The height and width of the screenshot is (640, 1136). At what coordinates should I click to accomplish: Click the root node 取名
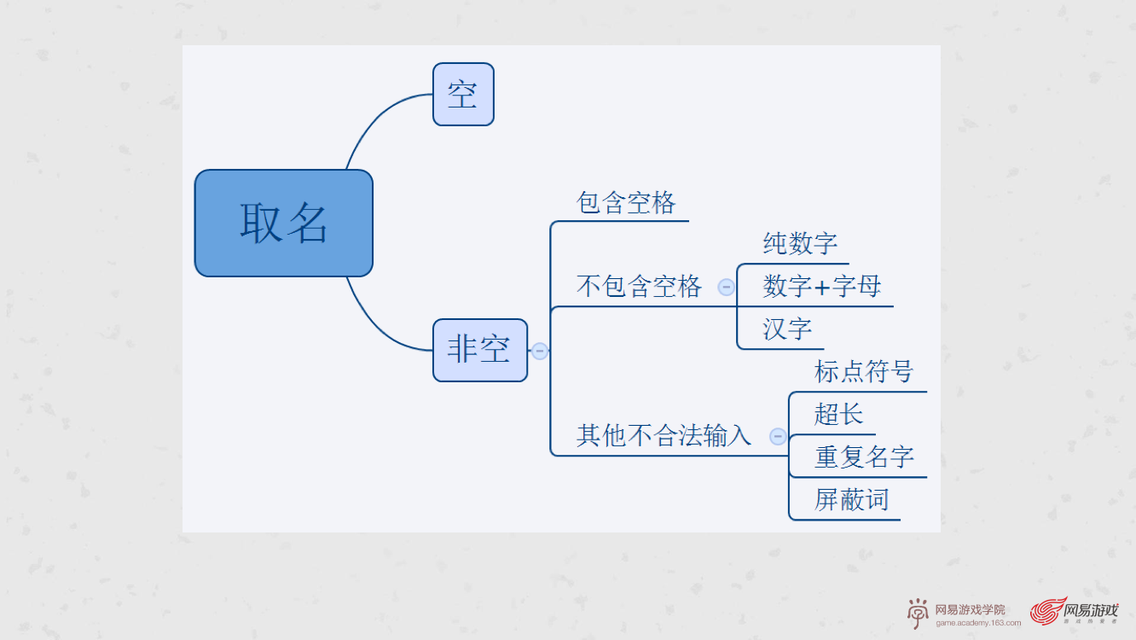(283, 223)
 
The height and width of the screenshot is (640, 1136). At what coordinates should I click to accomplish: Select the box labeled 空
(463, 94)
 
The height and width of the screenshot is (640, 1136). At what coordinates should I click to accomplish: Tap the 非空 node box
(479, 350)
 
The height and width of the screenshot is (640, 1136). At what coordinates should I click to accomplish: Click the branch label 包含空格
(626, 203)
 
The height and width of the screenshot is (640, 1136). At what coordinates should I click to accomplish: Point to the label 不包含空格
(639, 287)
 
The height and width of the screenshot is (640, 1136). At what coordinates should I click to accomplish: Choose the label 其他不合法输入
(664, 436)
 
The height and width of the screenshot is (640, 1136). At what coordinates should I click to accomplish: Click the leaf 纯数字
(800, 244)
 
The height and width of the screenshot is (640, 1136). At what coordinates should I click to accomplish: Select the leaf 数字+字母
(822, 287)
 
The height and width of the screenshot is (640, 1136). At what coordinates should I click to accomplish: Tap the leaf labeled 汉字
(787, 329)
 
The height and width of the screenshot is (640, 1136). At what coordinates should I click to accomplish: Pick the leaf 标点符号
(863, 372)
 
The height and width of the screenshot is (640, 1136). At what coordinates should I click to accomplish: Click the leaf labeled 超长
(838, 415)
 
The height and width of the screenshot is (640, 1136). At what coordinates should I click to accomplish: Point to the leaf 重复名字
(864, 457)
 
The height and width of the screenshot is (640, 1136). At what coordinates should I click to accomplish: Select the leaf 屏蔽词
(851, 500)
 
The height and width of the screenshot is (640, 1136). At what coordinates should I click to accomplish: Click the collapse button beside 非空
(540, 351)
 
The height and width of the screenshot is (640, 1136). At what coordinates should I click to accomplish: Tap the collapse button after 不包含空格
(726, 287)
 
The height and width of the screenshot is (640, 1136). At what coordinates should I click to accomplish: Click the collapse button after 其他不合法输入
(778, 436)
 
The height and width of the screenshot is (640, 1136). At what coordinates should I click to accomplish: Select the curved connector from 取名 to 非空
(375, 326)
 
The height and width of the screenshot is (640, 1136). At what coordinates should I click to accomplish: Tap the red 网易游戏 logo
(1075, 611)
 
